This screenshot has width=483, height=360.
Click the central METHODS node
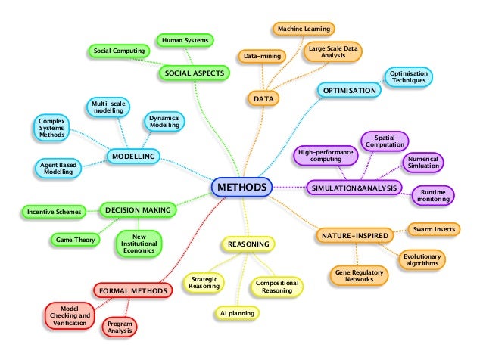[241, 187]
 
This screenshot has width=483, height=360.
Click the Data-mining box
[260, 56]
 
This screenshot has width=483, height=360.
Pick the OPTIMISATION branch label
[349, 91]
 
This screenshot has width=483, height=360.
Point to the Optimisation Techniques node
[409, 76]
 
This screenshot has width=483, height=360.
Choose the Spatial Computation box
[385, 141]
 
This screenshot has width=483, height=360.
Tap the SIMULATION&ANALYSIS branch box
[354, 188]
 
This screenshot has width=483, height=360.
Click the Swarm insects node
[433, 228]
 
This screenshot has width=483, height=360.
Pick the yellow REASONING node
[248, 244]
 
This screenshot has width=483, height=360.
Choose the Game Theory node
[73, 240]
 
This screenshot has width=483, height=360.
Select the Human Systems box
[184, 39]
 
